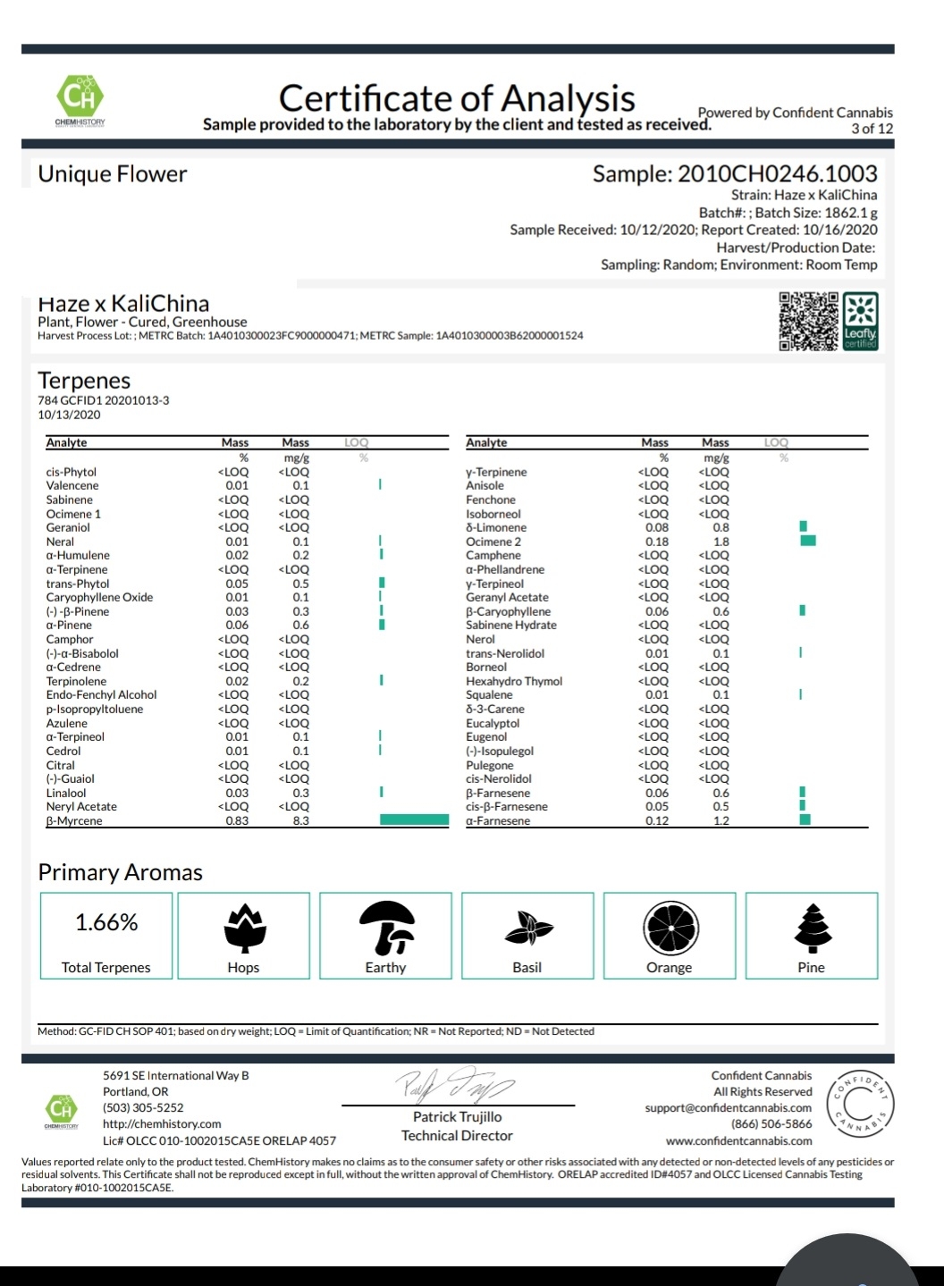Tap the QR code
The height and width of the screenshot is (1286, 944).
[x=809, y=322]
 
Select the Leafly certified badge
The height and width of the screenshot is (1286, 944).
[x=861, y=322]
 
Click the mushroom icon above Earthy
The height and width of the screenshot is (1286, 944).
[x=386, y=927]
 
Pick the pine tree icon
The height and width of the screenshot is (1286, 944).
[x=812, y=928]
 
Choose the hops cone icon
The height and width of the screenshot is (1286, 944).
[x=243, y=928]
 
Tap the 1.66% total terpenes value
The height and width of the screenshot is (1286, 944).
[x=106, y=922]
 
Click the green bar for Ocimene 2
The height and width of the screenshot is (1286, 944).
[x=808, y=541]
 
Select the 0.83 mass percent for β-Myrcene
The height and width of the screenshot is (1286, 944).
[x=237, y=820]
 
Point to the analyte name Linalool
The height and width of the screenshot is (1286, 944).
[x=66, y=793]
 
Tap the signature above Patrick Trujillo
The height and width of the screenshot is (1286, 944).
[x=456, y=1085]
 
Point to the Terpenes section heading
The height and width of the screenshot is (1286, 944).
[x=84, y=380]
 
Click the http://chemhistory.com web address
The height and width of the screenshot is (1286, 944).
[x=162, y=1123]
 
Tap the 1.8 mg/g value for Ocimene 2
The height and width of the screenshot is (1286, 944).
[x=721, y=542]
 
